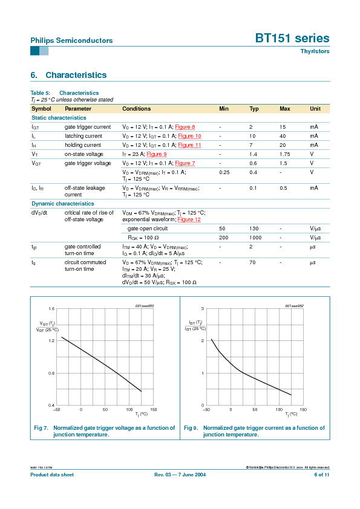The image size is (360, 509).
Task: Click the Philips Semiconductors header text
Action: pos(71,41)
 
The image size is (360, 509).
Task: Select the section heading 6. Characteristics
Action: pos(68,75)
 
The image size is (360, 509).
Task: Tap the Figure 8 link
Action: pos(185,127)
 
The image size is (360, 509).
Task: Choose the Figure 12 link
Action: pos(189,219)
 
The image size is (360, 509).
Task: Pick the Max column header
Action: pos(285,109)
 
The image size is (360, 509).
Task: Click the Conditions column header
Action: pos(137,109)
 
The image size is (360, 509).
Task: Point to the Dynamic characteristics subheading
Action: pos(59,204)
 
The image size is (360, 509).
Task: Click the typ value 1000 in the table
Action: pos(255,238)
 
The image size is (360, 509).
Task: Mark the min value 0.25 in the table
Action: pos(224,172)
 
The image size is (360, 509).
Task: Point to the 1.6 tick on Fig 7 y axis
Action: pos(51,308)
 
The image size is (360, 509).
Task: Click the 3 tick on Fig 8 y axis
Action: pos(203,308)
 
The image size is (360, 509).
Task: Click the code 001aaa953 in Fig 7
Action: pos(144,306)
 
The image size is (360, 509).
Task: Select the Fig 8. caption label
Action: pos(191,428)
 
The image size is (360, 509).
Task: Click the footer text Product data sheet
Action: pos(52,475)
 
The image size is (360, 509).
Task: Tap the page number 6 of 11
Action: pos(321,475)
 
